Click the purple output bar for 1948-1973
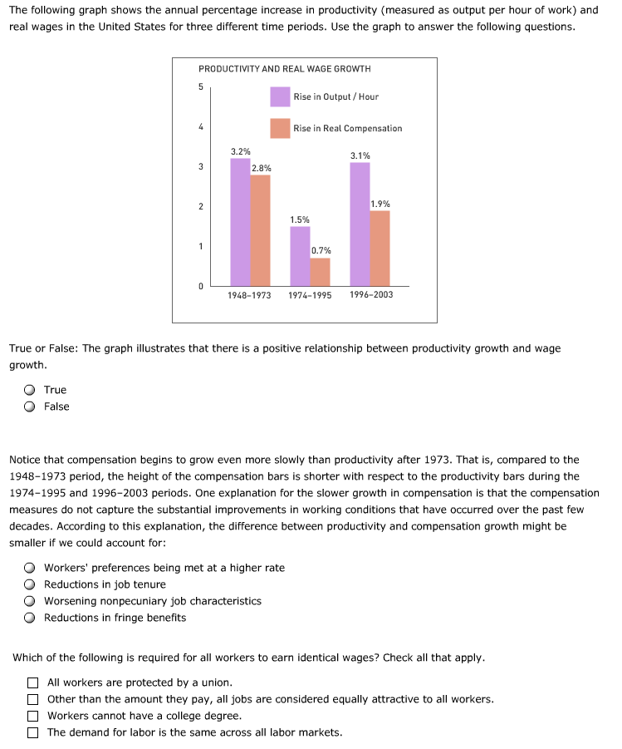(x=240, y=222)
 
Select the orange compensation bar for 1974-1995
(x=320, y=271)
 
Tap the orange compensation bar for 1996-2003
(x=380, y=248)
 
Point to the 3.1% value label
(x=360, y=155)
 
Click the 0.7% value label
(x=321, y=250)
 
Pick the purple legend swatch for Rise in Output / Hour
(x=280, y=97)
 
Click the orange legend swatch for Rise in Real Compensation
(x=280, y=129)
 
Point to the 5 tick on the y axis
(x=200, y=87)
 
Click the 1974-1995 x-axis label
(x=310, y=295)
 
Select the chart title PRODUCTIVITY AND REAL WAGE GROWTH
(x=284, y=69)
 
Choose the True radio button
(x=30, y=390)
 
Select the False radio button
(x=30, y=407)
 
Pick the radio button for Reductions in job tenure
(x=30, y=584)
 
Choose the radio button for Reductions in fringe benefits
(x=30, y=618)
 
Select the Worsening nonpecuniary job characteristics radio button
(x=30, y=601)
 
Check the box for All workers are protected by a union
(x=32, y=682)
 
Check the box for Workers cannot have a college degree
(x=32, y=716)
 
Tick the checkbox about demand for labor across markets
(x=32, y=732)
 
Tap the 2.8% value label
(x=261, y=168)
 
